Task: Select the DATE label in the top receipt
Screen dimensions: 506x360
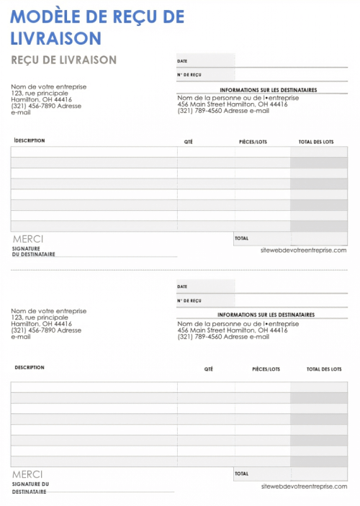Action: coord(182,61)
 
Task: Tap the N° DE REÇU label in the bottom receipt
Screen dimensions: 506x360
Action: coord(189,300)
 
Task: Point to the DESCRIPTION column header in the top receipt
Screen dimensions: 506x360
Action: coord(29,140)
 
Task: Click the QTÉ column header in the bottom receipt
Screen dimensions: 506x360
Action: coord(209,369)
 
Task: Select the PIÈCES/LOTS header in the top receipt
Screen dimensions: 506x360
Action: coord(253,142)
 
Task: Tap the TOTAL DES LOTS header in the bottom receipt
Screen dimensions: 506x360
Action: coord(324,369)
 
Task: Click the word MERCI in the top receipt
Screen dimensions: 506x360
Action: coord(27,239)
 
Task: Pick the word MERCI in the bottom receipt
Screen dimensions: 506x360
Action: coord(27,474)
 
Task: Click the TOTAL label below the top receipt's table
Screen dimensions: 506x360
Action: coord(241,238)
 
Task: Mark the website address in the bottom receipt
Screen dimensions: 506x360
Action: coord(304,487)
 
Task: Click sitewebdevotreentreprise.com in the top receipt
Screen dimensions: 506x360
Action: coord(304,250)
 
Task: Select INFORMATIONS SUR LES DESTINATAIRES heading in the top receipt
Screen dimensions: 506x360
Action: coord(267,90)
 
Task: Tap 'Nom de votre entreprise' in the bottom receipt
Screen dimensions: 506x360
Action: coord(48,311)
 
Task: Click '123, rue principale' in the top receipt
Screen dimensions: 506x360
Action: coord(40,93)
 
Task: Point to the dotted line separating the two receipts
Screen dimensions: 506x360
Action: coord(180,271)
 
